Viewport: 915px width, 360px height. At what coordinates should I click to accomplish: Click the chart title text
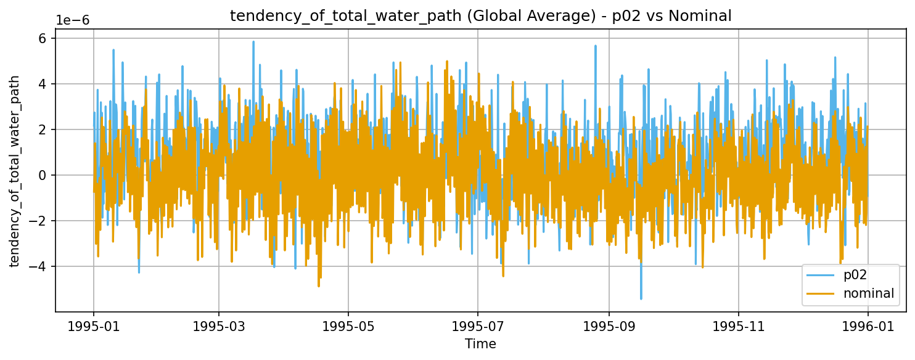[x=480, y=17]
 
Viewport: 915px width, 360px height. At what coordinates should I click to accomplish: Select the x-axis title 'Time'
[x=480, y=343]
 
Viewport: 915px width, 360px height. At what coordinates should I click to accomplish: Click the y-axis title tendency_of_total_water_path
[x=15, y=171]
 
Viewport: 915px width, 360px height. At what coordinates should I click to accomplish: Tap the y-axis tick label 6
[x=43, y=38]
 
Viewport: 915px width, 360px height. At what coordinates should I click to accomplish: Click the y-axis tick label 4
[x=43, y=84]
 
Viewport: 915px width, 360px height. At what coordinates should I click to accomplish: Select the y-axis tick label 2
[x=43, y=129]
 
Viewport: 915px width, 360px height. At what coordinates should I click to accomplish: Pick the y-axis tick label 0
[x=43, y=175]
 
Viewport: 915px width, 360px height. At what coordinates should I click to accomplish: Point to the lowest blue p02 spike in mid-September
[x=641, y=298]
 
